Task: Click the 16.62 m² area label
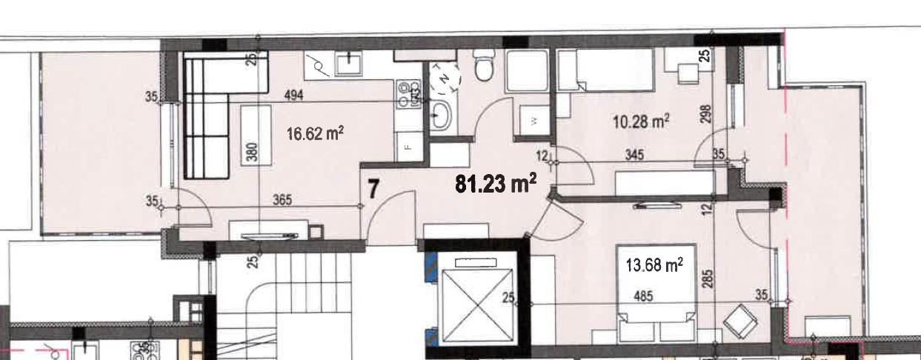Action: coord(315,133)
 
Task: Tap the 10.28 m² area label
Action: coord(641,121)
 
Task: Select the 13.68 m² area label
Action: coord(654,264)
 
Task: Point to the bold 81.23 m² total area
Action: coord(496,183)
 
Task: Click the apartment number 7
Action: coord(373,190)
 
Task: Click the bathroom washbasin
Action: coord(441,116)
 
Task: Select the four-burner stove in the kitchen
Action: coord(409,95)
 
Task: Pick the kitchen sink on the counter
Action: coord(349,64)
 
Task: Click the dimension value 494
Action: coord(294,96)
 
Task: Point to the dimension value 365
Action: coord(282,200)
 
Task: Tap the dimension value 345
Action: coord(634,155)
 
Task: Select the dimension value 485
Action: coord(643,296)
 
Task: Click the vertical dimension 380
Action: coord(253,151)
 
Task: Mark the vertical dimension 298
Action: coord(705,114)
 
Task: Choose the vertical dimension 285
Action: coord(708,279)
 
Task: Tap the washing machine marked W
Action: coord(534,120)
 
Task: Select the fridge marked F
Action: coord(409,147)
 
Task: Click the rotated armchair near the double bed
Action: coord(740,321)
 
